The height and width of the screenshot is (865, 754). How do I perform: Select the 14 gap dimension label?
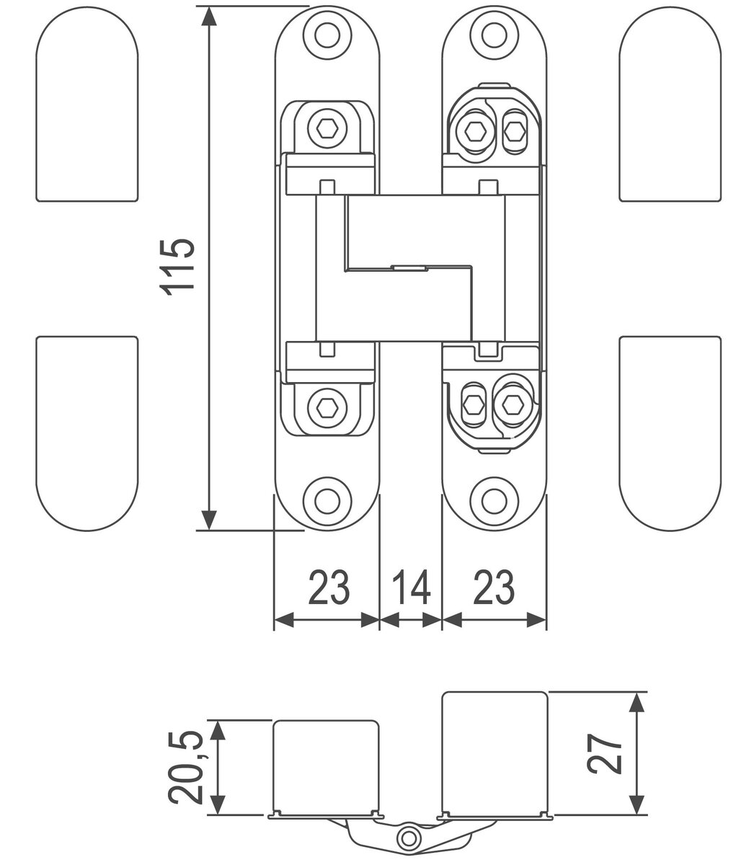(411, 587)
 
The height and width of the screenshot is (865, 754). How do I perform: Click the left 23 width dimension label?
(329, 587)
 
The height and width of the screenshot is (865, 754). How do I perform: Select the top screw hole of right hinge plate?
(494, 31)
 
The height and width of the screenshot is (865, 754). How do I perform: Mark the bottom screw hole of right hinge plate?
(494, 499)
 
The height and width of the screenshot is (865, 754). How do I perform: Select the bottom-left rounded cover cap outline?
(87, 432)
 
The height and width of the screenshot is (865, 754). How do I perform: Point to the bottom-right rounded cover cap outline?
(670, 432)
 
